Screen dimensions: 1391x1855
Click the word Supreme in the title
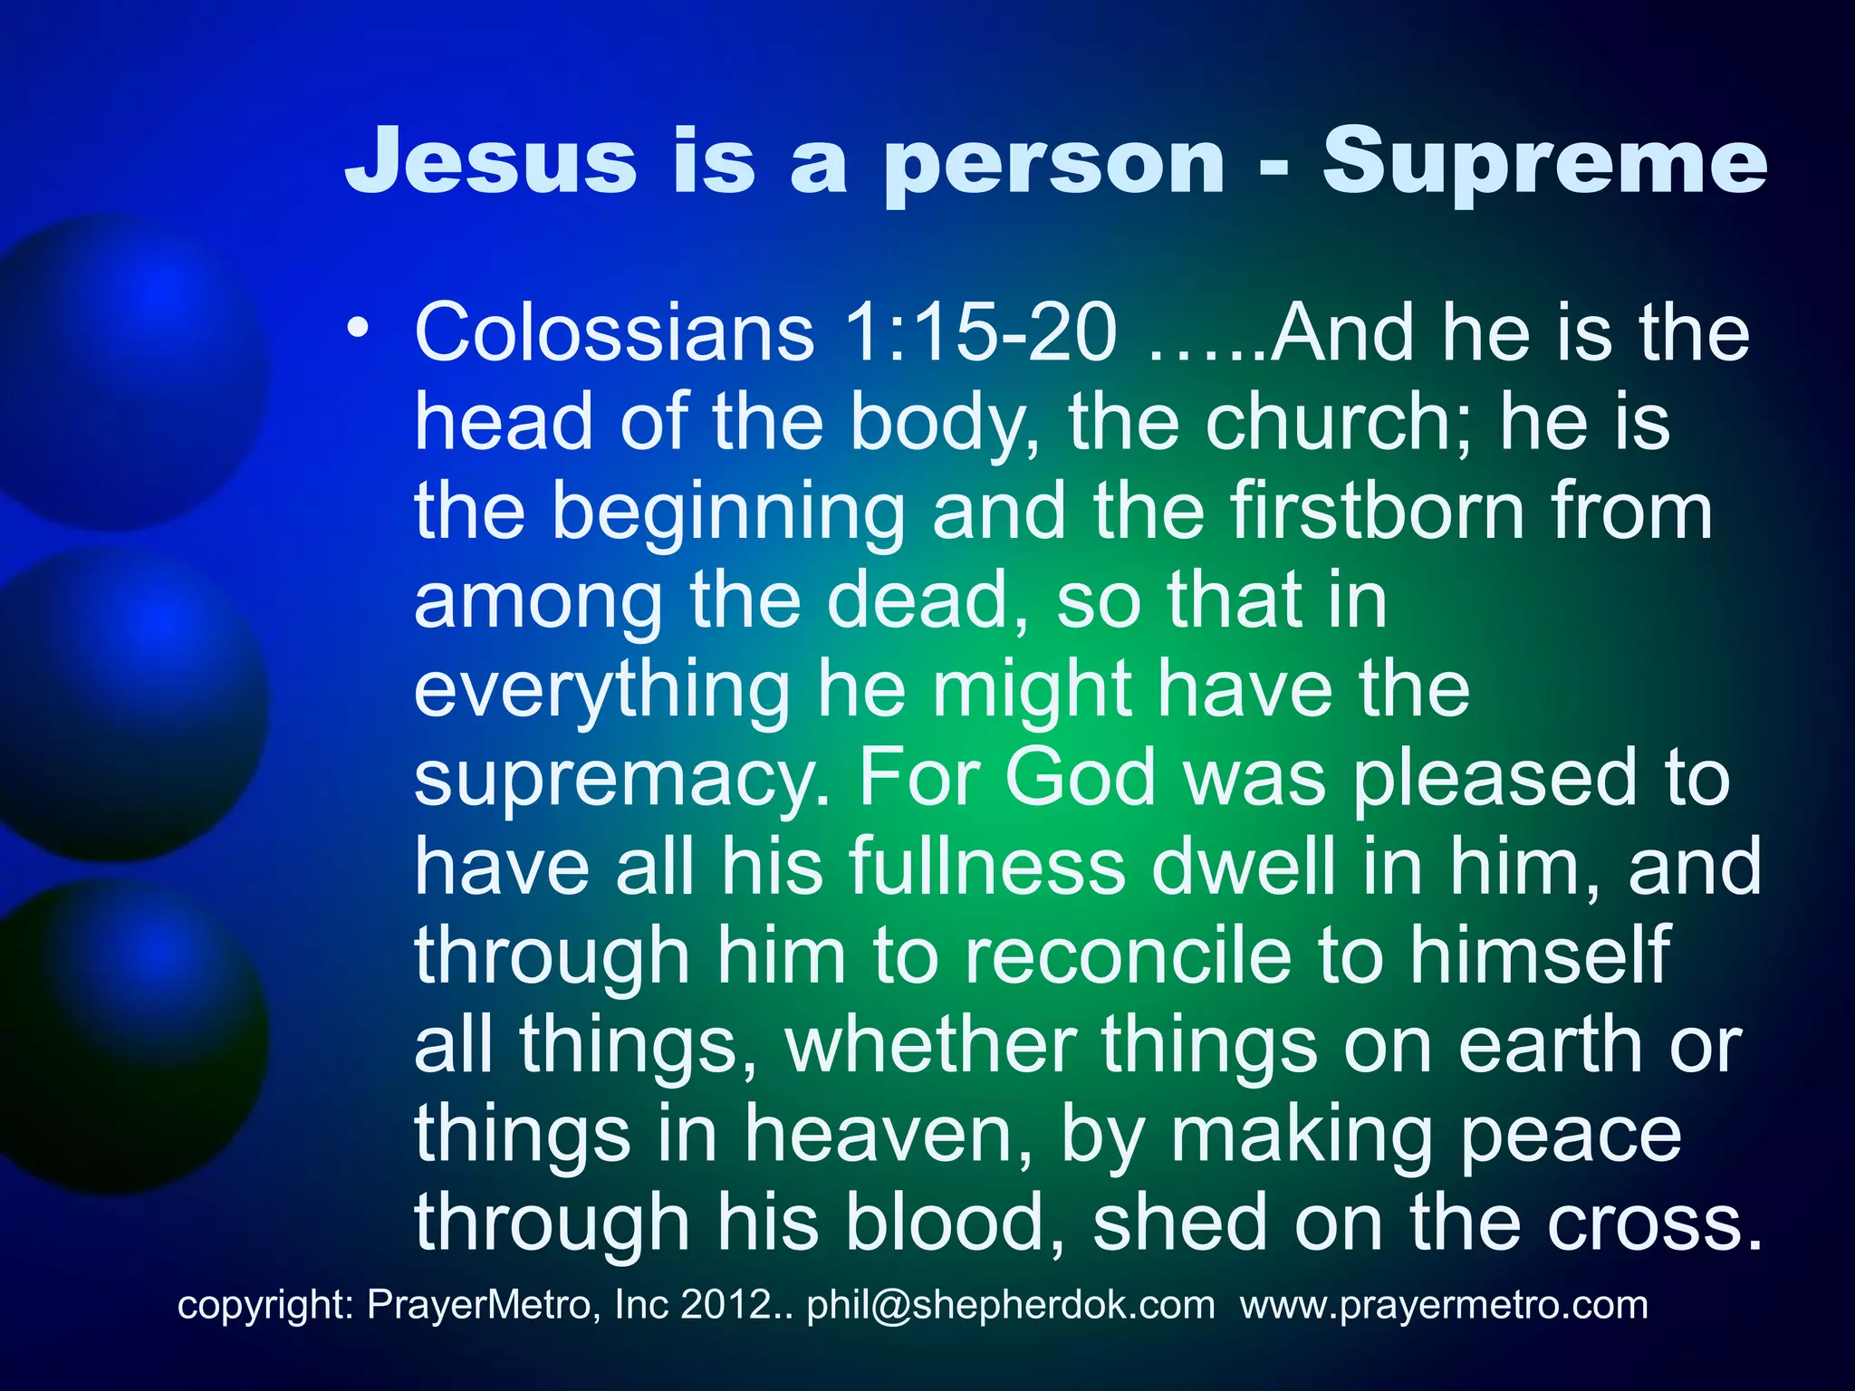pyautogui.click(x=1543, y=163)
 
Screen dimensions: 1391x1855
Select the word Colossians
pyautogui.click(x=614, y=333)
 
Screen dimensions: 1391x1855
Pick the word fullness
pyautogui.click(x=987, y=866)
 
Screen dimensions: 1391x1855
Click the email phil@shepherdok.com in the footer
pyautogui.click(x=1011, y=1305)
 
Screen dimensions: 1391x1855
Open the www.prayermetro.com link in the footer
pyautogui.click(x=1444, y=1305)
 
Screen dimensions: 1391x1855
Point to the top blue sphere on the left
pyautogui.click(x=127, y=371)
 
